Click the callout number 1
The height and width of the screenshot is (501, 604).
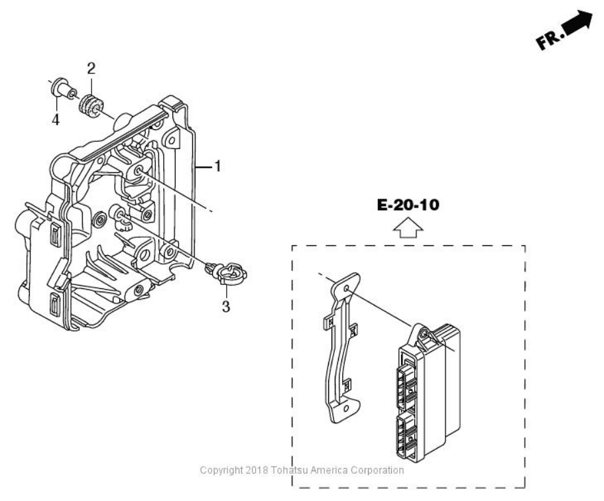pos(217,166)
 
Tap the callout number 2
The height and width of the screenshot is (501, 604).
pos(91,68)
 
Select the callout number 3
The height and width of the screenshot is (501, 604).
pos(226,307)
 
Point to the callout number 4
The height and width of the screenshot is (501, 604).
pos(56,119)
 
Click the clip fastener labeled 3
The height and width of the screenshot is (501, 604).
pos(226,272)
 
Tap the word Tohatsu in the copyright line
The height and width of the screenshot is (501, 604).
pos(293,471)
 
